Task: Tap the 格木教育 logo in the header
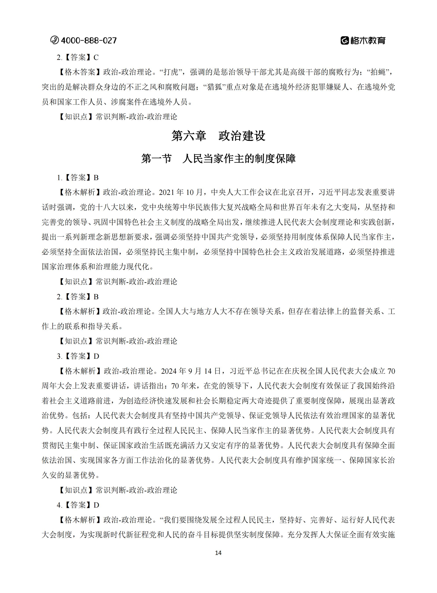363,41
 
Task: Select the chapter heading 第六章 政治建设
218,136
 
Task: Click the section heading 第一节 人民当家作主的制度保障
218,159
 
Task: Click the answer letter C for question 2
96,57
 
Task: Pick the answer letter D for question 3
96,356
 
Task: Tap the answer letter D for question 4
96,505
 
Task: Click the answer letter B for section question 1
96,178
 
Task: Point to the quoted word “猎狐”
215,87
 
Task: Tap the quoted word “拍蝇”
378,72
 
